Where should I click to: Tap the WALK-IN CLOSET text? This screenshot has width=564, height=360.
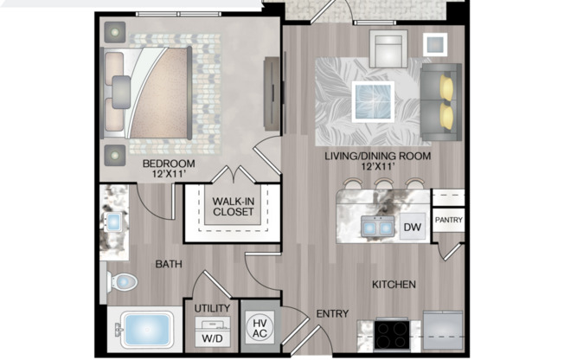pyautogui.click(x=232, y=209)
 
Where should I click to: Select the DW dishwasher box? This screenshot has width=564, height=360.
pyautogui.click(x=413, y=227)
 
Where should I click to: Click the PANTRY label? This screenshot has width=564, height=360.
pyautogui.click(x=448, y=221)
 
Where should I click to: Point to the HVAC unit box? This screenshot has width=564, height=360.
pyautogui.click(x=259, y=327)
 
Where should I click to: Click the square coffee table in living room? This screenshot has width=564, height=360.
pyautogui.click(x=375, y=100)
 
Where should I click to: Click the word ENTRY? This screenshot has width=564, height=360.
pyautogui.click(x=331, y=314)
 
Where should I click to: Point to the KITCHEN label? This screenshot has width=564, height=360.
pyautogui.click(x=394, y=284)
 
